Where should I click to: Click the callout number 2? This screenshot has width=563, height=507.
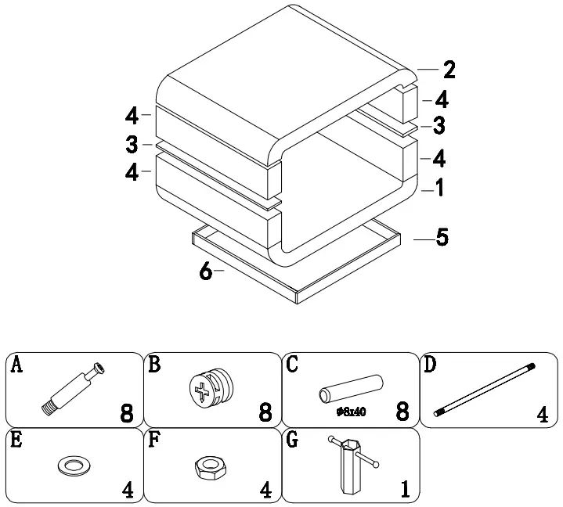point(449,70)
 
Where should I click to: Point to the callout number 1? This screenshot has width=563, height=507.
point(441,188)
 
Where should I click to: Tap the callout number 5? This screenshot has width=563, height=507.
point(443,237)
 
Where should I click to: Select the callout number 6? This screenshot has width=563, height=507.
point(206,271)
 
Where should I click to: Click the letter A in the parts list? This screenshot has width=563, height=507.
point(16,365)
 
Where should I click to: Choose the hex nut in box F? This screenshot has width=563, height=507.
point(209,468)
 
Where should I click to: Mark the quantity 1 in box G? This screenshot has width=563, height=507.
point(405,490)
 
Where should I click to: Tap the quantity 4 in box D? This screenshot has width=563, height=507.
point(542,414)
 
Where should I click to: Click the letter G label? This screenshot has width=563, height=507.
point(293,440)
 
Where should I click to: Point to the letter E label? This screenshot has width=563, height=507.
point(16,440)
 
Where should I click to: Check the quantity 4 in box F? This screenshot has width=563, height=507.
point(266,490)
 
